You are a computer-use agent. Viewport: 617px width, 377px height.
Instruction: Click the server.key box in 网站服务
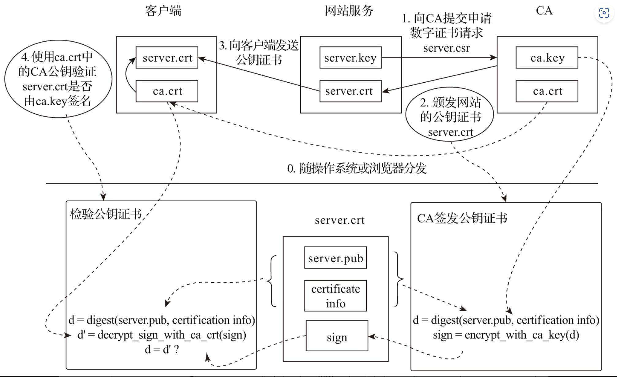tap(350, 58)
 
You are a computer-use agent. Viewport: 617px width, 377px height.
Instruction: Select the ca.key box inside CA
tap(547, 58)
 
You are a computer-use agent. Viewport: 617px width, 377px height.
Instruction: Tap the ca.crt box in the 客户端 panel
tap(167, 91)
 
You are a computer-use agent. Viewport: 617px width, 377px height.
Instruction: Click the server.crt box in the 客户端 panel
tap(167, 58)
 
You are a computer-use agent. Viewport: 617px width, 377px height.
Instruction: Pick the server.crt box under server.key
tap(350, 91)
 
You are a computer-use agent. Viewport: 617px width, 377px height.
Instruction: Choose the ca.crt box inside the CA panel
tap(547, 91)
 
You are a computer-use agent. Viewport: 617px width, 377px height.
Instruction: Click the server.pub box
tap(335, 258)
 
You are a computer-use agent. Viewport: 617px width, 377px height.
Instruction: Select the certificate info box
tap(335, 296)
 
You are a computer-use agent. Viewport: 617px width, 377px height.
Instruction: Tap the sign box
tap(337, 336)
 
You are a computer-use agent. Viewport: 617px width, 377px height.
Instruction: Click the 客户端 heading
tap(163, 11)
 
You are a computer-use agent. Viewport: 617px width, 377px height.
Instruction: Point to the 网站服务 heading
tap(349, 11)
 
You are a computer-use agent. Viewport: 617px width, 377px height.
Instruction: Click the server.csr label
tap(446, 48)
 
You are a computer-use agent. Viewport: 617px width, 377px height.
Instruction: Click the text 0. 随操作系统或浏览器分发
tap(357, 168)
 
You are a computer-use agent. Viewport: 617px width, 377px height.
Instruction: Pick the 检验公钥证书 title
tap(106, 214)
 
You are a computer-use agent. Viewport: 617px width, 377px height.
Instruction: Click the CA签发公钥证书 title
tap(462, 218)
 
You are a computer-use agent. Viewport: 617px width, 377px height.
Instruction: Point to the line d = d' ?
tap(162, 349)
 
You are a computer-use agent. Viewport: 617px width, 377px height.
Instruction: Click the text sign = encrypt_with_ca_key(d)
tap(506, 335)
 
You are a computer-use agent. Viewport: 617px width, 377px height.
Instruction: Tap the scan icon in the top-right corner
tap(604, 13)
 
